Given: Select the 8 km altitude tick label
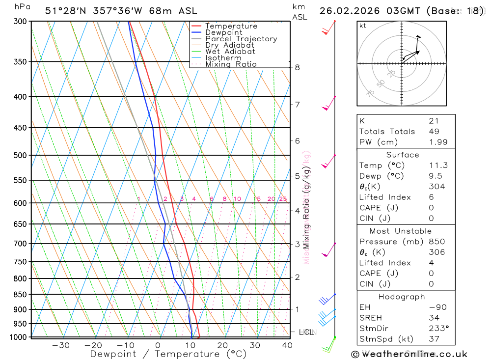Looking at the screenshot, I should point(298,67).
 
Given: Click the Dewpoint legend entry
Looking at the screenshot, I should point(223,32).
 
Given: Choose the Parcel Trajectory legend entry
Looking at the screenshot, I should point(241,39).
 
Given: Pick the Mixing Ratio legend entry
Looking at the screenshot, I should point(230,64).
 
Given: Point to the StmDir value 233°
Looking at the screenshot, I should point(437,329).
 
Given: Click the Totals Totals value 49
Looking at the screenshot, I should point(434,131).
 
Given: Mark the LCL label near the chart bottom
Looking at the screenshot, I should point(306,332).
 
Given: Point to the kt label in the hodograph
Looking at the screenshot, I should point(363,26).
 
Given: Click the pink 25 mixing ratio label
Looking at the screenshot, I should point(283,199).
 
